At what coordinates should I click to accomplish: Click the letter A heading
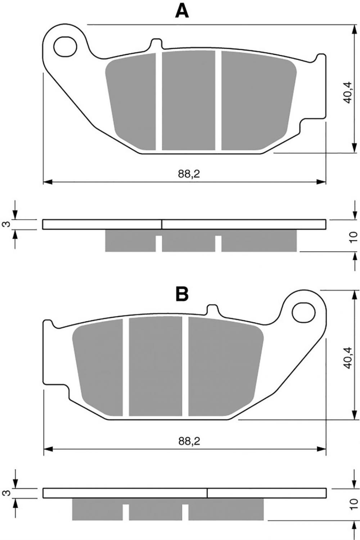[x=182, y=12]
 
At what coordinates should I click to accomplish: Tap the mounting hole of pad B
[x=303, y=312]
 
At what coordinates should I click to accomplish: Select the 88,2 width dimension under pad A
[x=189, y=174]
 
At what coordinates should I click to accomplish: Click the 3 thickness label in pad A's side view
[x=8, y=224]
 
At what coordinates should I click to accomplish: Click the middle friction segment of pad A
[x=188, y=100]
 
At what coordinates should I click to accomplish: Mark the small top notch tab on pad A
[x=156, y=44]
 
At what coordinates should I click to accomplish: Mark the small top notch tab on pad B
[x=213, y=310]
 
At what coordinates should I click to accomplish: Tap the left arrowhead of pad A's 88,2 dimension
[x=48, y=182]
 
